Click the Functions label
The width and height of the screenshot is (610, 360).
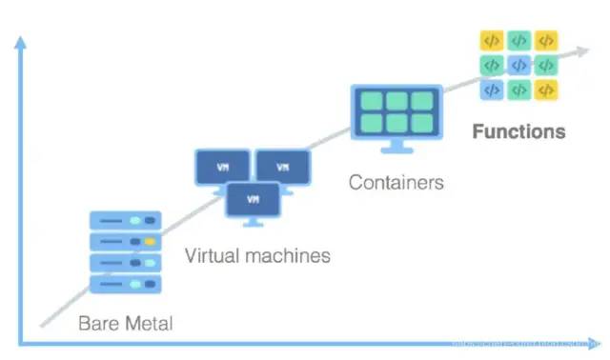point(518,131)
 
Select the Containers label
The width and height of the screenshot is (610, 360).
point(396,182)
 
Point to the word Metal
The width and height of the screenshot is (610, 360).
point(148,324)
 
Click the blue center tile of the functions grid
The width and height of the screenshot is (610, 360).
point(518,66)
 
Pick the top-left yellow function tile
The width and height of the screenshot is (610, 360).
point(491,41)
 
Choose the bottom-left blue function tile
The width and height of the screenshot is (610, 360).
point(491,90)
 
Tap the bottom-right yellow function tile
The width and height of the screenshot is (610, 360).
point(546,90)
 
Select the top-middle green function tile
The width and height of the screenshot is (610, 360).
point(518,41)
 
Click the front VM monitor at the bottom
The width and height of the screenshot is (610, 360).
point(253,200)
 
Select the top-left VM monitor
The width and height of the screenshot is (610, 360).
point(222,168)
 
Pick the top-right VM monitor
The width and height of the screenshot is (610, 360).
point(282,168)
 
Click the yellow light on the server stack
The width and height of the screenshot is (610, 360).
point(149,241)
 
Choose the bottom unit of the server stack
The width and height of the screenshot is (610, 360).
point(125,284)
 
